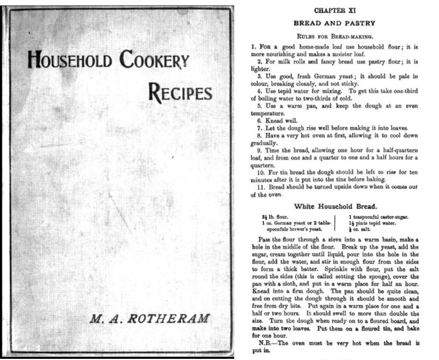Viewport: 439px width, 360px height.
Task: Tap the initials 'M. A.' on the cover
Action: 104,320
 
